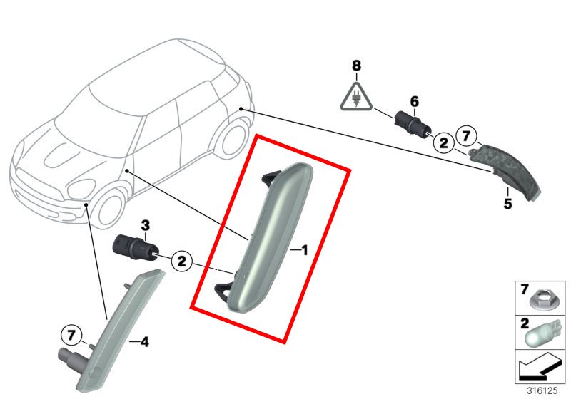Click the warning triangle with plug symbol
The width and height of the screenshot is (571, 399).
[356, 97]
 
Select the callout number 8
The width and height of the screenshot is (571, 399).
[356, 66]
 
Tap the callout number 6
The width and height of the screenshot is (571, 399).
[415, 102]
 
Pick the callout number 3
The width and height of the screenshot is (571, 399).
[146, 226]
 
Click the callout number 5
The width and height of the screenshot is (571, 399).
[507, 204]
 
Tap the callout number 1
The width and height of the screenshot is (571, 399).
[305, 250]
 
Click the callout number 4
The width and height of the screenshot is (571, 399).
[145, 341]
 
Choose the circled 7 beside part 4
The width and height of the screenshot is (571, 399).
[71, 335]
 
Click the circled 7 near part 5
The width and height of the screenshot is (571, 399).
[466, 136]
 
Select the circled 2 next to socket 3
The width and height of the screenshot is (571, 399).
[181, 261]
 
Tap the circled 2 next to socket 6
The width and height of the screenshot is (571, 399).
[443, 142]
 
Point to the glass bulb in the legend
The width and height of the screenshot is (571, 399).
[540, 334]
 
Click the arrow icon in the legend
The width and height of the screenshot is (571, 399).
[540, 367]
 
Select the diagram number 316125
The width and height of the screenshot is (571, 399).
[542, 390]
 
